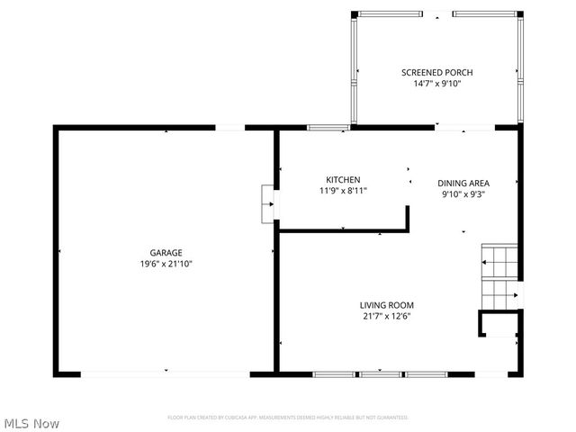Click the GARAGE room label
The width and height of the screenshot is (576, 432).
(166, 252)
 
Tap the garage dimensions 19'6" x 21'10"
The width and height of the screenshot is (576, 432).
(166, 264)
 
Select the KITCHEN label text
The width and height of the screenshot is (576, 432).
(343, 179)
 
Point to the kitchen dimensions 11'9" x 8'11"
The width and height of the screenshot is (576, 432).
(343, 191)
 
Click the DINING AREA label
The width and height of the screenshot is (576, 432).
(463, 182)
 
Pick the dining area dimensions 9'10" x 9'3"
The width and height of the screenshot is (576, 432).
(463, 193)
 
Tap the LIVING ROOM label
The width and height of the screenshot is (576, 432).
(387, 305)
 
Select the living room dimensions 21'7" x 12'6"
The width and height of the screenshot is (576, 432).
(387, 316)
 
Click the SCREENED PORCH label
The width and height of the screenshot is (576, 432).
(436, 72)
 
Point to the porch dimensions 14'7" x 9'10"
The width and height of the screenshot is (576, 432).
(436, 84)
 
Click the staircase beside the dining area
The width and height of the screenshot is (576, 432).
(499, 274)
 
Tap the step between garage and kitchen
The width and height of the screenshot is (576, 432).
(267, 204)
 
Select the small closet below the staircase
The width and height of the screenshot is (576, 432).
(498, 324)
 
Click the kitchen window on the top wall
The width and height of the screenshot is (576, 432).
(328, 128)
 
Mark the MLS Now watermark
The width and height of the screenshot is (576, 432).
(31, 423)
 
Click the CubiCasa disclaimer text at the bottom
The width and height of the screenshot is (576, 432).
(288, 418)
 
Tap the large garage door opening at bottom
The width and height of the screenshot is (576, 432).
(166, 373)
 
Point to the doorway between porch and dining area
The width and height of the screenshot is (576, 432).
(463, 128)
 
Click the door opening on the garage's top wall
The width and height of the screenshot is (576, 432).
(230, 128)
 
